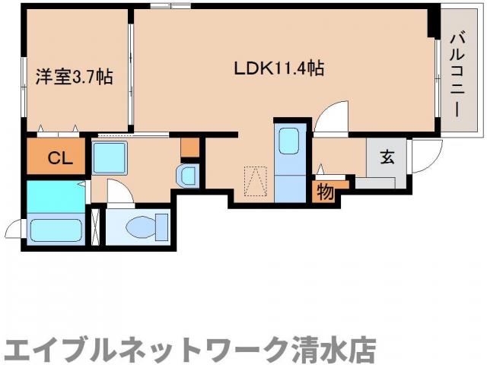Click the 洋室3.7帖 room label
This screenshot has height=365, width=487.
tap(75, 77)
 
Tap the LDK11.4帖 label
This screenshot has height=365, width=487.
tap(279, 68)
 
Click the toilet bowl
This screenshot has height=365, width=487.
tap(139, 226)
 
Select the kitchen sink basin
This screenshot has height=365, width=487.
tap(289, 142)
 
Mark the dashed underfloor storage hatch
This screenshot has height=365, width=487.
tap(255, 182)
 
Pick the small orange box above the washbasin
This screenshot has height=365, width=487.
tap(189, 147)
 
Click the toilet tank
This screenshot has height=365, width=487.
tap(161, 227)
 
